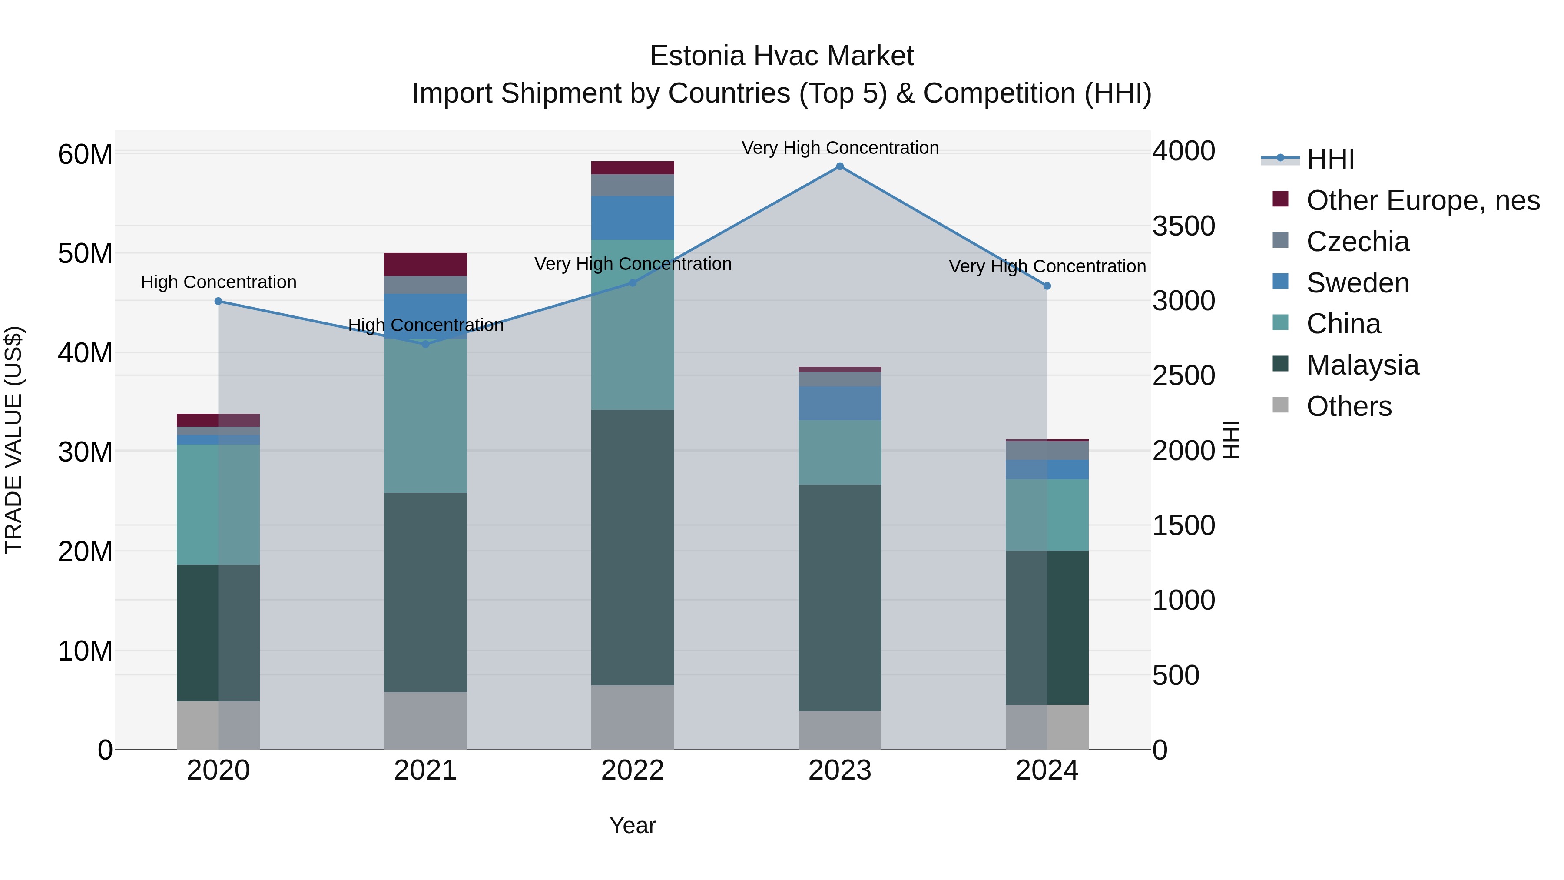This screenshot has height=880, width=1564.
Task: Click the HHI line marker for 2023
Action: [x=840, y=166]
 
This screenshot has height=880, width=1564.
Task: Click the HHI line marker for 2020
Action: [x=219, y=301]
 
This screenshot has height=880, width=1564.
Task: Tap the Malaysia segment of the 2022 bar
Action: [x=633, y=547]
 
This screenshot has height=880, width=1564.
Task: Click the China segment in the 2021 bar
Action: [x=426, y=416]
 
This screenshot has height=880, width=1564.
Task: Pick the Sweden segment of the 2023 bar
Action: [x=840, y=403]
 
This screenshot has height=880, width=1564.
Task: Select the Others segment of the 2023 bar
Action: [x=840, y=730]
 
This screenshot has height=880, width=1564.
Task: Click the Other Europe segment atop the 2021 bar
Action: [x=426, y=264]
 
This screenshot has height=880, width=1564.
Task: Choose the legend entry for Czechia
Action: [x=1358, y=242]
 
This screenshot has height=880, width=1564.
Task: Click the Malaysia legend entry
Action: [x=1362, y=365]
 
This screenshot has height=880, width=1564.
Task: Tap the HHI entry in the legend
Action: [x=1330, y=159]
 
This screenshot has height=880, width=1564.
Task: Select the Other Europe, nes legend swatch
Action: [x=1280, y=199]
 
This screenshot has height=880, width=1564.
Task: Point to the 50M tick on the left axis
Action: [x=85, y=253]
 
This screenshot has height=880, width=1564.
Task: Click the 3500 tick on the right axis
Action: [x=1183, y=226]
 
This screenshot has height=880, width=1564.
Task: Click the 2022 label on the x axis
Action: [x=633, y=770]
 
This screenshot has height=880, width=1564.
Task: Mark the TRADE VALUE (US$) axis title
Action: [x=13, y=440]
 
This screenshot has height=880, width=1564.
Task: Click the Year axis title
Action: [x=633, y=825]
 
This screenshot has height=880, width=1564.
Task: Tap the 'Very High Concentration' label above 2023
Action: [x=840, y=148]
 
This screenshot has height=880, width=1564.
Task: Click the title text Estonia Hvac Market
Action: [x=782, y=56]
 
